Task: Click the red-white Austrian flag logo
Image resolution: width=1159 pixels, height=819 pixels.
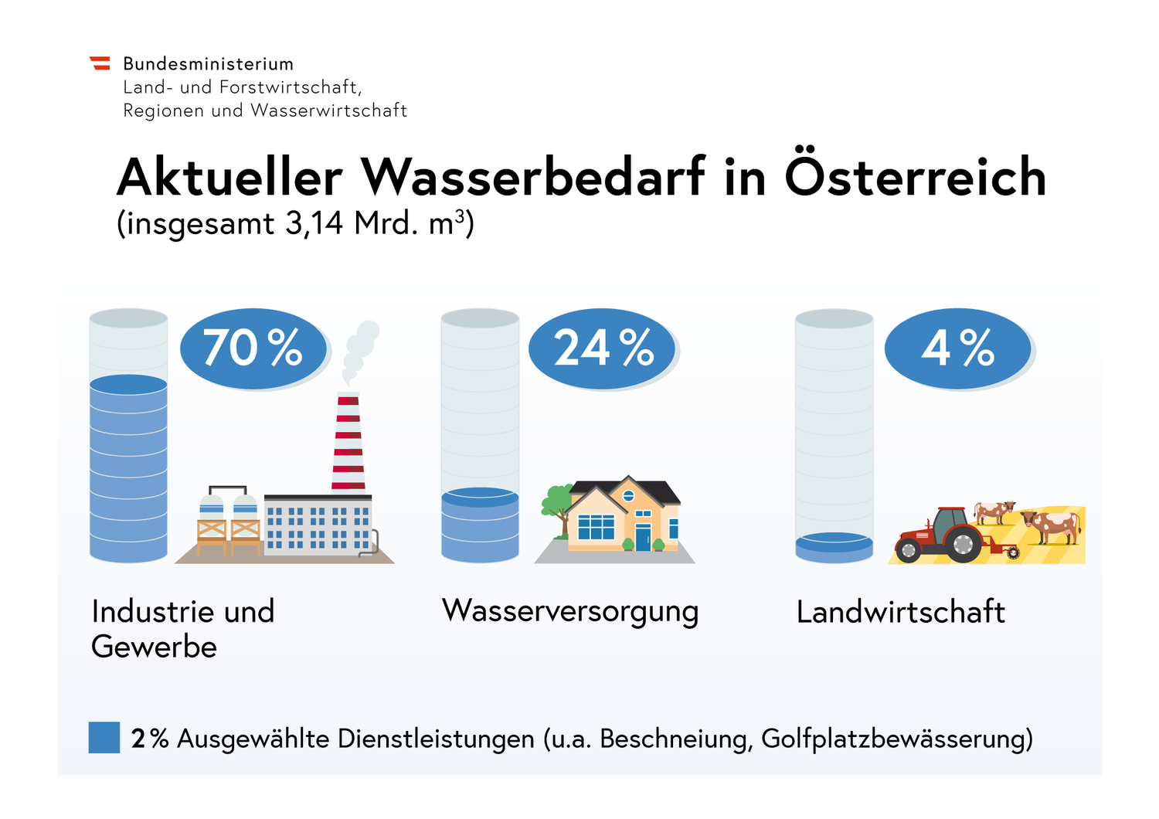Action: (100, 63)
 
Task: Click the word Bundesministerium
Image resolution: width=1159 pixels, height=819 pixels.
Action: (208, 64)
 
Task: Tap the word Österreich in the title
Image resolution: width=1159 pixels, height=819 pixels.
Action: (915, 176)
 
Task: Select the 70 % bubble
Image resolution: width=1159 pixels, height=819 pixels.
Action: (253, 348)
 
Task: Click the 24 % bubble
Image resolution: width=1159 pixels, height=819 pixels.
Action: (603, 348)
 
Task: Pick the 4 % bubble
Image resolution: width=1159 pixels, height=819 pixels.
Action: (957, 348)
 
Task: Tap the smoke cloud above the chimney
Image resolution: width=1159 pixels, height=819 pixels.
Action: (360, 348)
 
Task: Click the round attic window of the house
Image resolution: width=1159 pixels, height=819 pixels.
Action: (628, 495)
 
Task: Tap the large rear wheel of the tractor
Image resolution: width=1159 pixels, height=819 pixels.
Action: (963, 544)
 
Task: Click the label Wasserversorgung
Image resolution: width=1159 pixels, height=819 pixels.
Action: (570, 611)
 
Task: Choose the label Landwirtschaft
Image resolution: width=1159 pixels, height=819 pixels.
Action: (900, 612)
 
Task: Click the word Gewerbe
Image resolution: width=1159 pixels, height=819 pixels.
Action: (154, 647)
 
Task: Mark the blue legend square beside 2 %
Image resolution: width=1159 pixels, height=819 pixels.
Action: (104, 737)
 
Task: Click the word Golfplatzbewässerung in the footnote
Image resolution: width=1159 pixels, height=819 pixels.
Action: (896, 739)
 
